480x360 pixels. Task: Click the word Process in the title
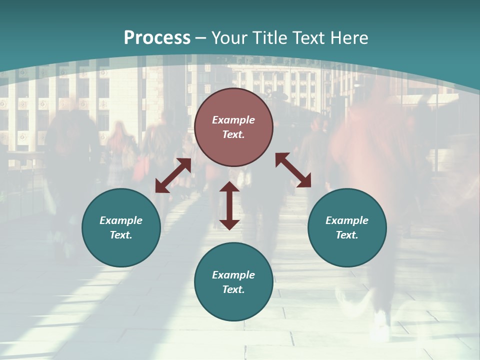pyautogui.click(x=157, y=38)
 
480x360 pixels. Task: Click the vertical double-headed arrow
pyautogui.click(x=229, y=205)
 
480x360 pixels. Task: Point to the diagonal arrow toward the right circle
pyautogui.click(x=293, y=170)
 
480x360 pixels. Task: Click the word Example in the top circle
pyautogui.click(x=233, y=120)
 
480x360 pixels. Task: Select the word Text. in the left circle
pyautogui.click(x=121, y=235)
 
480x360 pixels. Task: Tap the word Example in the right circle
pyautogui.click(x=347, y=220)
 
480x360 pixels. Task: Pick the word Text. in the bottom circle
pyautogui.click(x=233, y=289)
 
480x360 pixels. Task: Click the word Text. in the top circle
pyautogui.click(x=233, y=134)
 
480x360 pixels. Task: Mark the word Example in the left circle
pyautogui.click(x=121, y=220)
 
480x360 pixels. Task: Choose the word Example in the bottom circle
pyautogui.click(x=233, y=275)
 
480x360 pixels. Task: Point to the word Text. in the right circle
pyautogui.click(x=347, y=235)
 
